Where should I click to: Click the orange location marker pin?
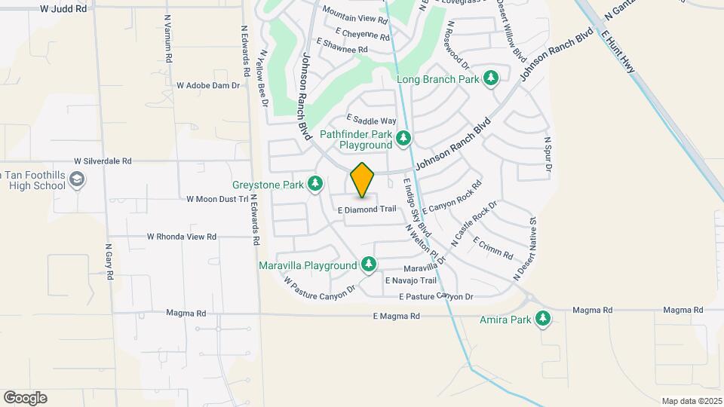coord(362,179)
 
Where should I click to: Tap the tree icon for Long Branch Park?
coord(492,78)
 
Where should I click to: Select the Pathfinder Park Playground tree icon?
coord(404,138)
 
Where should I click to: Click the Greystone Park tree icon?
coord(314,184)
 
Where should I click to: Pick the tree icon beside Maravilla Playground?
coord(369,265)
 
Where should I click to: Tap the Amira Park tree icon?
coord(542,320)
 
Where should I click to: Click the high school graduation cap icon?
coord(77,179)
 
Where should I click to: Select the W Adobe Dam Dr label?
coord(207,85)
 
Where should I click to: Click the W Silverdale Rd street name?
coord(103,161)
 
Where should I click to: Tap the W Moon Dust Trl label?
coord(217,199)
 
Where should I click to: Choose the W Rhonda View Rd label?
coord(182,237)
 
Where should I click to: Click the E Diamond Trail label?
coord(367,209)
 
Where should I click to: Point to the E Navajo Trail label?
coord(410,280)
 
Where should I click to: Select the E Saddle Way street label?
coord(371,121)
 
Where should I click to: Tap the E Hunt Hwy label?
coord(618,51)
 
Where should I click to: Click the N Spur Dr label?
coord(548,154)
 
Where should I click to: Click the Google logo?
coord(25,397)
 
